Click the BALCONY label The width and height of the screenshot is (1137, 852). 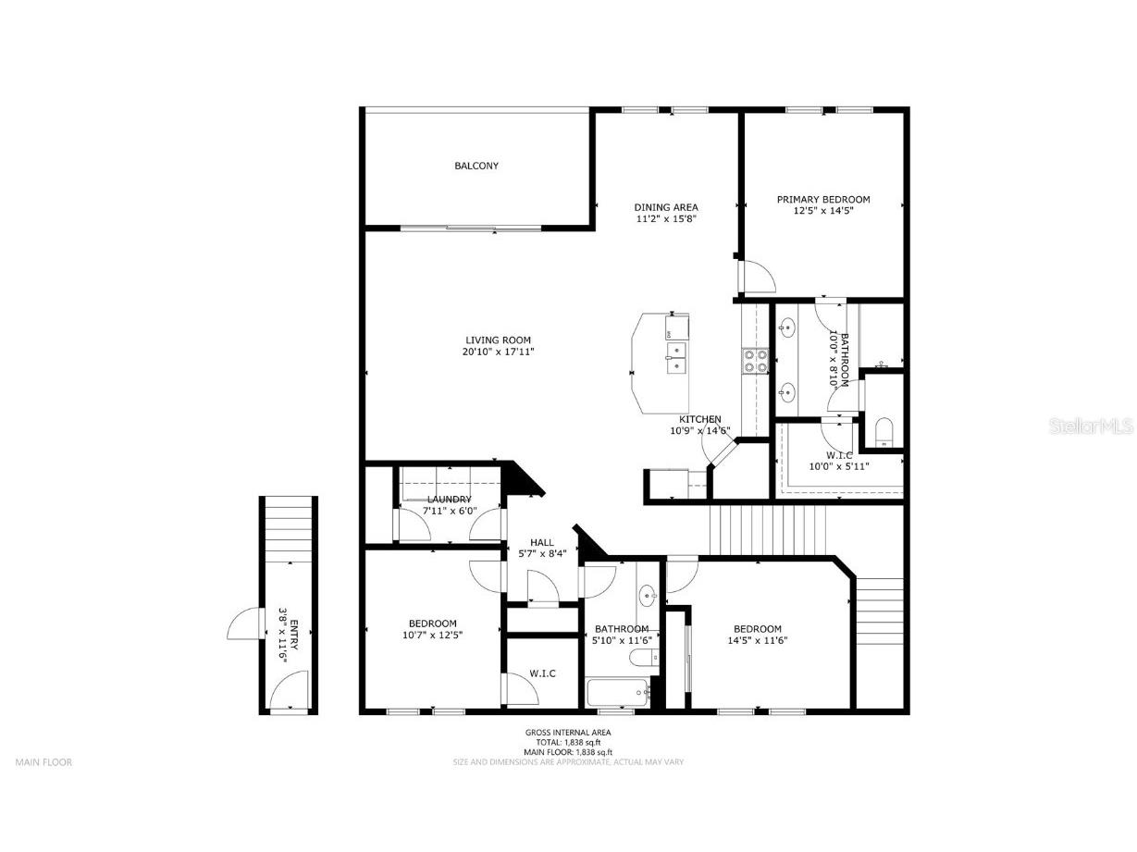[x=476, y=167]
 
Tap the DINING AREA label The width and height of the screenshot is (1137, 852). [x=665, y=207]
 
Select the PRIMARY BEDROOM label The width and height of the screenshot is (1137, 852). [x=822, y=199]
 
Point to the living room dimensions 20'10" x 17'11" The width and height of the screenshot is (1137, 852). [x=498, y=352]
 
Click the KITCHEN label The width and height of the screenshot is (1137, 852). [x=699, y=419]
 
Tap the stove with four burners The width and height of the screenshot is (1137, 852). [x=755, y=360]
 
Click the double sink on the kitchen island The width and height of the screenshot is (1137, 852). [x=676, y=357]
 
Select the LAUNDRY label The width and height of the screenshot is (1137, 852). [x=449, y=500]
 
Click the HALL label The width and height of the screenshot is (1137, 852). [x=542, y=543]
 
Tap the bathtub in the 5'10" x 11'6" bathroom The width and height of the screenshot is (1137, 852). [x=618, y=693]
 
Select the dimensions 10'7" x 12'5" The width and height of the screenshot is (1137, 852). [x=432, y=636]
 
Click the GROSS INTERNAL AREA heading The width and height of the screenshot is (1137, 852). [x=568, y=733]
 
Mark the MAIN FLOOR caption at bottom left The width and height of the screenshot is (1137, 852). [x=43, y=762]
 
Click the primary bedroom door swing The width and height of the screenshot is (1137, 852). [x=757, y=277]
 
